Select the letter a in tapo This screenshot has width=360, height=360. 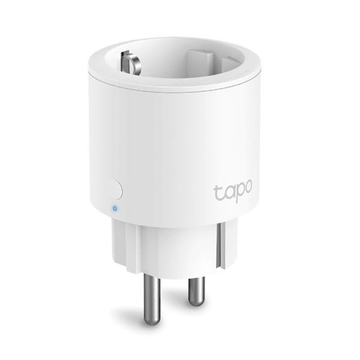(x=226, y=194)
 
